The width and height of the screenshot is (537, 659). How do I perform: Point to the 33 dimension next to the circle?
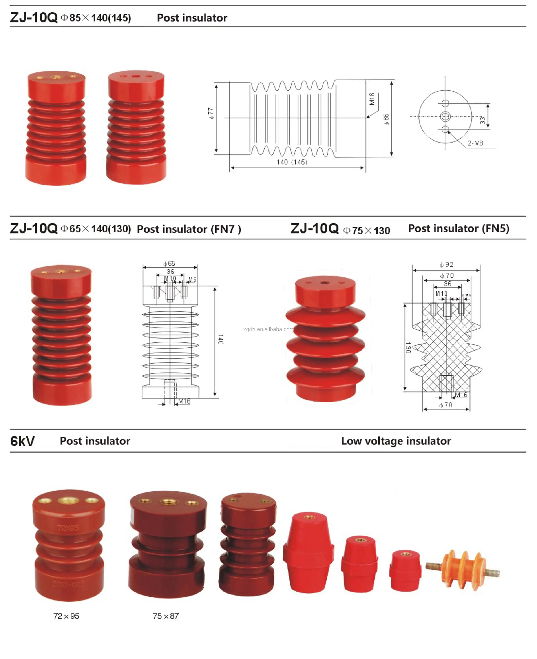click(x=482, y=120)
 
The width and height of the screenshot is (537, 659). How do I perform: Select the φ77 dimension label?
click(x=211, y=113)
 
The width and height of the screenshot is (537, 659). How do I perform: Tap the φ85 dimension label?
click(x=386, y=119)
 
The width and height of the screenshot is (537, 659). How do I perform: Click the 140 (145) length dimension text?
click(x=292, y=162)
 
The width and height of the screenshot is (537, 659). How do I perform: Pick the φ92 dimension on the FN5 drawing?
click(x=446, y=264)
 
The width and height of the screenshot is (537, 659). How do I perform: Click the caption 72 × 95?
click(x=66, y=616)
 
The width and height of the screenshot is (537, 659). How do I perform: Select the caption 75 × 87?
click(x=166, y=616)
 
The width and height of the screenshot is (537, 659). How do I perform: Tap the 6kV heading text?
click(x=22, y=441)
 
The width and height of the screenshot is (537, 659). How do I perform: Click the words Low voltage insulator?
click(x=396, y=441)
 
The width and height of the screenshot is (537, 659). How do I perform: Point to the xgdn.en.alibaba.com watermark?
click(x=268, y=329)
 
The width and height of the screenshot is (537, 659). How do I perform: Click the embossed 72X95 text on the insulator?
click(x=68, y=528)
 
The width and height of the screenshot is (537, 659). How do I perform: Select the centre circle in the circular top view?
click(x=445, y=116)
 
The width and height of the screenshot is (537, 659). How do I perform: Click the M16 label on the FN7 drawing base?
click(x=184, y=401)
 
